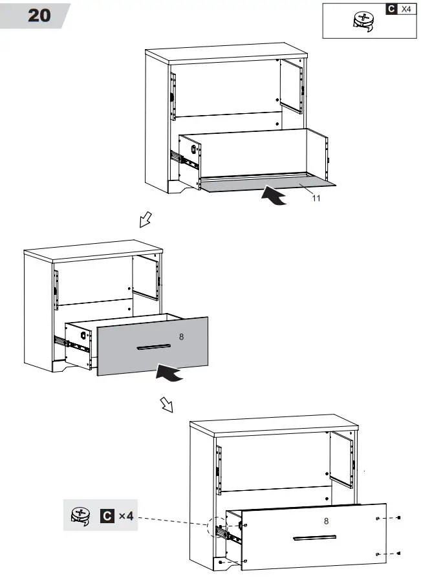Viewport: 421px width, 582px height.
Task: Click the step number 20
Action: point(39,15)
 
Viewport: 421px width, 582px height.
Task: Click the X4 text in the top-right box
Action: point(406,9)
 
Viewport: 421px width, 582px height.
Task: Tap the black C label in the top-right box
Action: point(391,9)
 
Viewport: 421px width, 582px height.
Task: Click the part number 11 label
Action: point(316,199)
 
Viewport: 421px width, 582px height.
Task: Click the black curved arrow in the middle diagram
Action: point(169,373)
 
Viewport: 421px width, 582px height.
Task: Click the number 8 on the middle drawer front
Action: point(181,337)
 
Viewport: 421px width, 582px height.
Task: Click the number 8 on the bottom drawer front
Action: point(326,520)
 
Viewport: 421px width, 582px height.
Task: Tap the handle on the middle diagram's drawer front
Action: point(154,347)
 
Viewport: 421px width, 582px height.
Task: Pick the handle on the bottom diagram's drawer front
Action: point(314,537)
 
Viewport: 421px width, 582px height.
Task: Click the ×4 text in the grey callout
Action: point(126,517)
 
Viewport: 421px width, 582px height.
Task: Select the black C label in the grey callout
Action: point(107,517)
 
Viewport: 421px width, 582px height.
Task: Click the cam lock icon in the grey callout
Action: point(80,516)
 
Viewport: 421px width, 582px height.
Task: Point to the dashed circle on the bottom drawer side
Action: point(217,528)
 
